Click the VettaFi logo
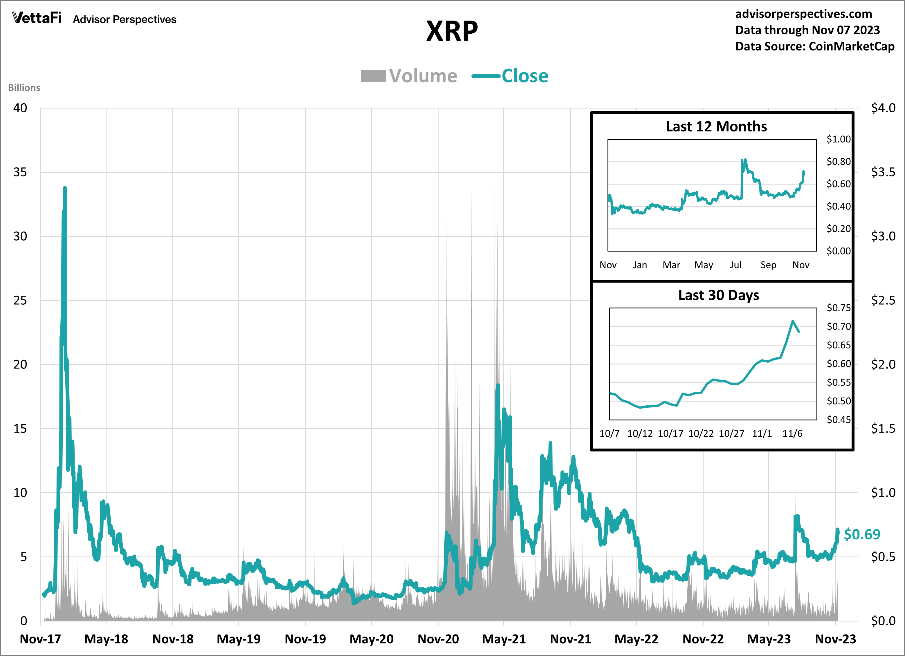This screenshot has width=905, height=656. pyautogui.click(x=37, y=18)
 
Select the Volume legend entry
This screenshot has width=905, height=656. pyautogui.click(x=409, y=76)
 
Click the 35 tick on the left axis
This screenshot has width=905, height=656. pyautogui.click(x=20, y=172)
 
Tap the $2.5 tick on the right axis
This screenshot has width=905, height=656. pyautogui.click(x=883, y=300)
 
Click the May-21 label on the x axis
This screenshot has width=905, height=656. pyautogui.click(x=504, y=639)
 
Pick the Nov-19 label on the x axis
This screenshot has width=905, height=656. pyautogui.click(x=305, y=639)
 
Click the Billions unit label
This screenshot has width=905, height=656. pyautogui.click(x=24, y=88)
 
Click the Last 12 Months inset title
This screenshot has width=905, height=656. pyautogui.click(x=716, y=126)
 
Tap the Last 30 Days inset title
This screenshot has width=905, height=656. pyautogui.click(x=719, y=295)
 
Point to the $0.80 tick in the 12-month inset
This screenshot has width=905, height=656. pyautogui.click(x=838, y=162)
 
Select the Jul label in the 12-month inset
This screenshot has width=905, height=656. pyautogui.click(x=735, y=265)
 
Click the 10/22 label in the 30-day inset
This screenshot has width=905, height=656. pyautogui.click(x=701, y=433)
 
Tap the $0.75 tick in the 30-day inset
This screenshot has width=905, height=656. pyautogui.click(x=838, y=308)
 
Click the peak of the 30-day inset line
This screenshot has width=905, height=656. pyautogui.click(x=792, y=321)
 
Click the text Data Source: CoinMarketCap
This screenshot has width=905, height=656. pyautogui.click(x=815, y=46)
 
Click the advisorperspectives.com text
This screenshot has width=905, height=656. pyautogui.click(x=804, y=14)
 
